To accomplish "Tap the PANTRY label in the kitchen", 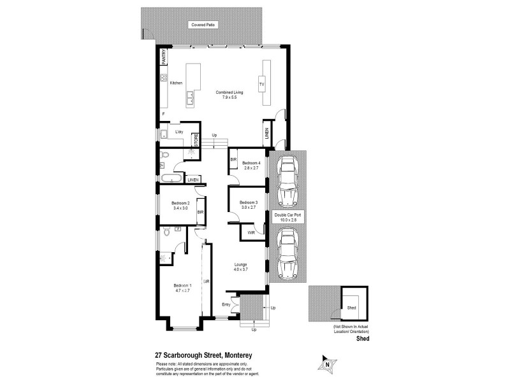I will [x=164, y=57].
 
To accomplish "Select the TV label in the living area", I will [x=261, y=84].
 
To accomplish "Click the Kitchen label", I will [x=176, y=83].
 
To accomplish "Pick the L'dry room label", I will [x=179, y=132].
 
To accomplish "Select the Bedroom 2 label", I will [x=180, y=205].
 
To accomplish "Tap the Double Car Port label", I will [x=287, y=216].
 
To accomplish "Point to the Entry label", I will [x=226, y=304].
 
